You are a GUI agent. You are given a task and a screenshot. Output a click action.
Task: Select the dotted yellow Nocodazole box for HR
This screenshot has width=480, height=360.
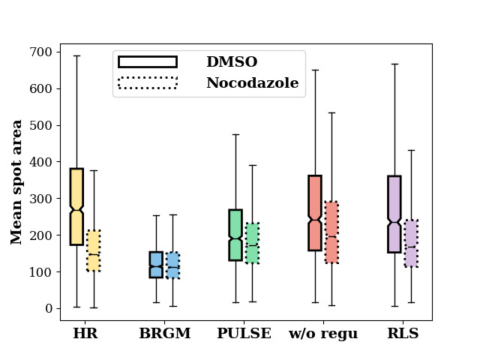coord(93,250)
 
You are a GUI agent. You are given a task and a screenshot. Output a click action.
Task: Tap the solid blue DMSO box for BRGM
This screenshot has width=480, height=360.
coord(156,265)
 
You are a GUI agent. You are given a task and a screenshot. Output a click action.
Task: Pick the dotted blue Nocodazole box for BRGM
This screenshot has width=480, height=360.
coord(172,265)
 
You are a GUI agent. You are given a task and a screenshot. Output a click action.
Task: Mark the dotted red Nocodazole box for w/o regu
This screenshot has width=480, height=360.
coord(331,232)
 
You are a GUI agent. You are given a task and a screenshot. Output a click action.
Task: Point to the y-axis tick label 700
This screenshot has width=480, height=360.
coord(41,52)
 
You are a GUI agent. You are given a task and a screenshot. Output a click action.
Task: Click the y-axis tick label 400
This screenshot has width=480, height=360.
coord(41,162)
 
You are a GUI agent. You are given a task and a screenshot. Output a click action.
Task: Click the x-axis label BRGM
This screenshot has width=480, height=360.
coord(164,334)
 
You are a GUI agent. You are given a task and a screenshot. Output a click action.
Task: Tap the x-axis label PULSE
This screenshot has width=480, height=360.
coord(244,334)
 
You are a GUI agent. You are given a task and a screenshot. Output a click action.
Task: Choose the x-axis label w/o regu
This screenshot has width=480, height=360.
coord(323,334)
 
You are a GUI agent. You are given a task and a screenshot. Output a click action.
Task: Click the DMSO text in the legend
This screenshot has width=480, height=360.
coord(231,62)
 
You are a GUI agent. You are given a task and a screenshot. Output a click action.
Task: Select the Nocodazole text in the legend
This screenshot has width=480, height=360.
coord(252,83)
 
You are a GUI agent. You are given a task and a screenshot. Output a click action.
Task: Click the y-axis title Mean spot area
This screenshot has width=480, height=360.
coord(17,182)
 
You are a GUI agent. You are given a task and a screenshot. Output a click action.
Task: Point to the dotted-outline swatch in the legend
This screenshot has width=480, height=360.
coord(148,82)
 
